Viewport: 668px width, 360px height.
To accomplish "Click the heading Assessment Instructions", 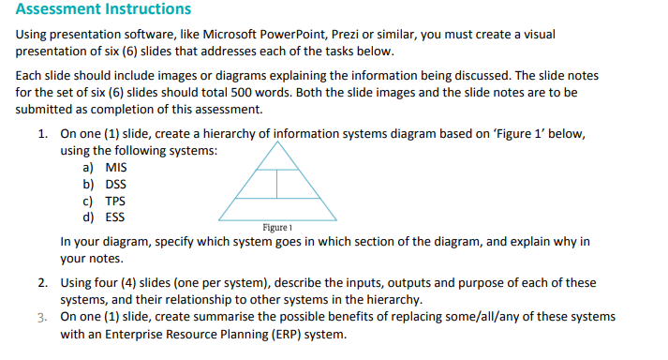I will click(103, 10).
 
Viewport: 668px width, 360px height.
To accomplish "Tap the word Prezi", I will click(347, 34).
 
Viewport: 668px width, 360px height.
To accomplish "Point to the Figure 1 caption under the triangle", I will click(278, 228).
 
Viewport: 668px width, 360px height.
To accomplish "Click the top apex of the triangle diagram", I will click(278, 142).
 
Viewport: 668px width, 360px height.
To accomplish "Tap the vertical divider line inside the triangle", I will click(278, 186).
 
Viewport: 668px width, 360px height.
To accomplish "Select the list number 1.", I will click(43, 134).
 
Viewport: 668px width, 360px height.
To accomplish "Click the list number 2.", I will click(43, 282).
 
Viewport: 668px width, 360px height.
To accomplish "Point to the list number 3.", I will click(43, 316).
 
